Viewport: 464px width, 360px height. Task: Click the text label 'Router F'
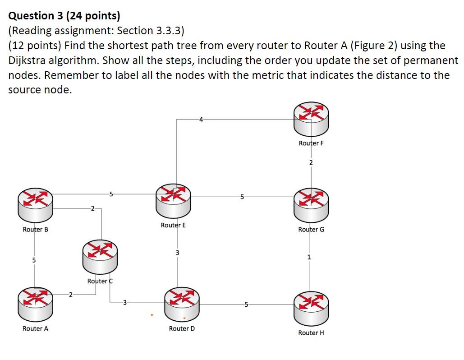(x=311, y=143)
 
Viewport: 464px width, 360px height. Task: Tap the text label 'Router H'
(x=311, y=333)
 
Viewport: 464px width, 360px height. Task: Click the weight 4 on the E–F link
(x=201, y=120)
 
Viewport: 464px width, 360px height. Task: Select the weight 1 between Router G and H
(x=309, y=258)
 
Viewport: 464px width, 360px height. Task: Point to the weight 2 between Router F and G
(x=311, y=162)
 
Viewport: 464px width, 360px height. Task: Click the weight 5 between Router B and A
(x=33, y=261)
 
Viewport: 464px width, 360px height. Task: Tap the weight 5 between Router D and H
(x=246, y=305)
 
